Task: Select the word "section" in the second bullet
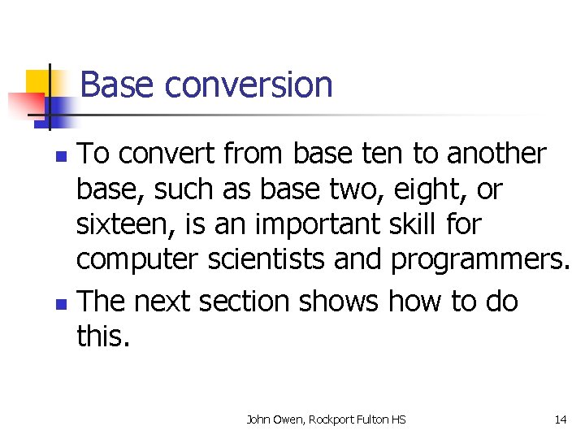244,302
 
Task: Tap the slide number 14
560,419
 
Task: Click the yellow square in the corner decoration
38,81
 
